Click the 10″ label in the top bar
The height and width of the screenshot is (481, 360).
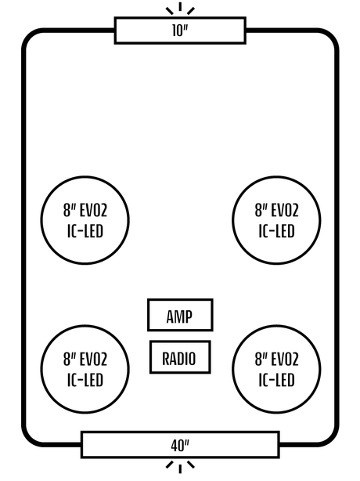180,31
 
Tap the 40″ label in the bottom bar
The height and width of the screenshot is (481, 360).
180,446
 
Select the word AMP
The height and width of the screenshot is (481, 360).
179,316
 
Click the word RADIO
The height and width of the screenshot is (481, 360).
179,359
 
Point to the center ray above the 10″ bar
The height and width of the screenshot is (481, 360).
180,7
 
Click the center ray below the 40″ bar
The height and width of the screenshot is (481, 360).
180,468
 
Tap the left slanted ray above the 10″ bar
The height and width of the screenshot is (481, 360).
169,11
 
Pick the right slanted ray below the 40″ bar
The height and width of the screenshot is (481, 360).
191,465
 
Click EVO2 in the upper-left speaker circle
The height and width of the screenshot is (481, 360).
93,211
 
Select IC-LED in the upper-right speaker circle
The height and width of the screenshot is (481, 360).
277,231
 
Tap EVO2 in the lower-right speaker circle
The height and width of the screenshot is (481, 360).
285,360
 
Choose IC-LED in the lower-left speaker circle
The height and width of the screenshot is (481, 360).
85,380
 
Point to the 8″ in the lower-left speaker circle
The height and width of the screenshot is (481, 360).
70,360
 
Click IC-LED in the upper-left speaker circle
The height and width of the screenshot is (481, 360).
85,231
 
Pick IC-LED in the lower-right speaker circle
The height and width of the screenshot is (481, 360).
277,380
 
